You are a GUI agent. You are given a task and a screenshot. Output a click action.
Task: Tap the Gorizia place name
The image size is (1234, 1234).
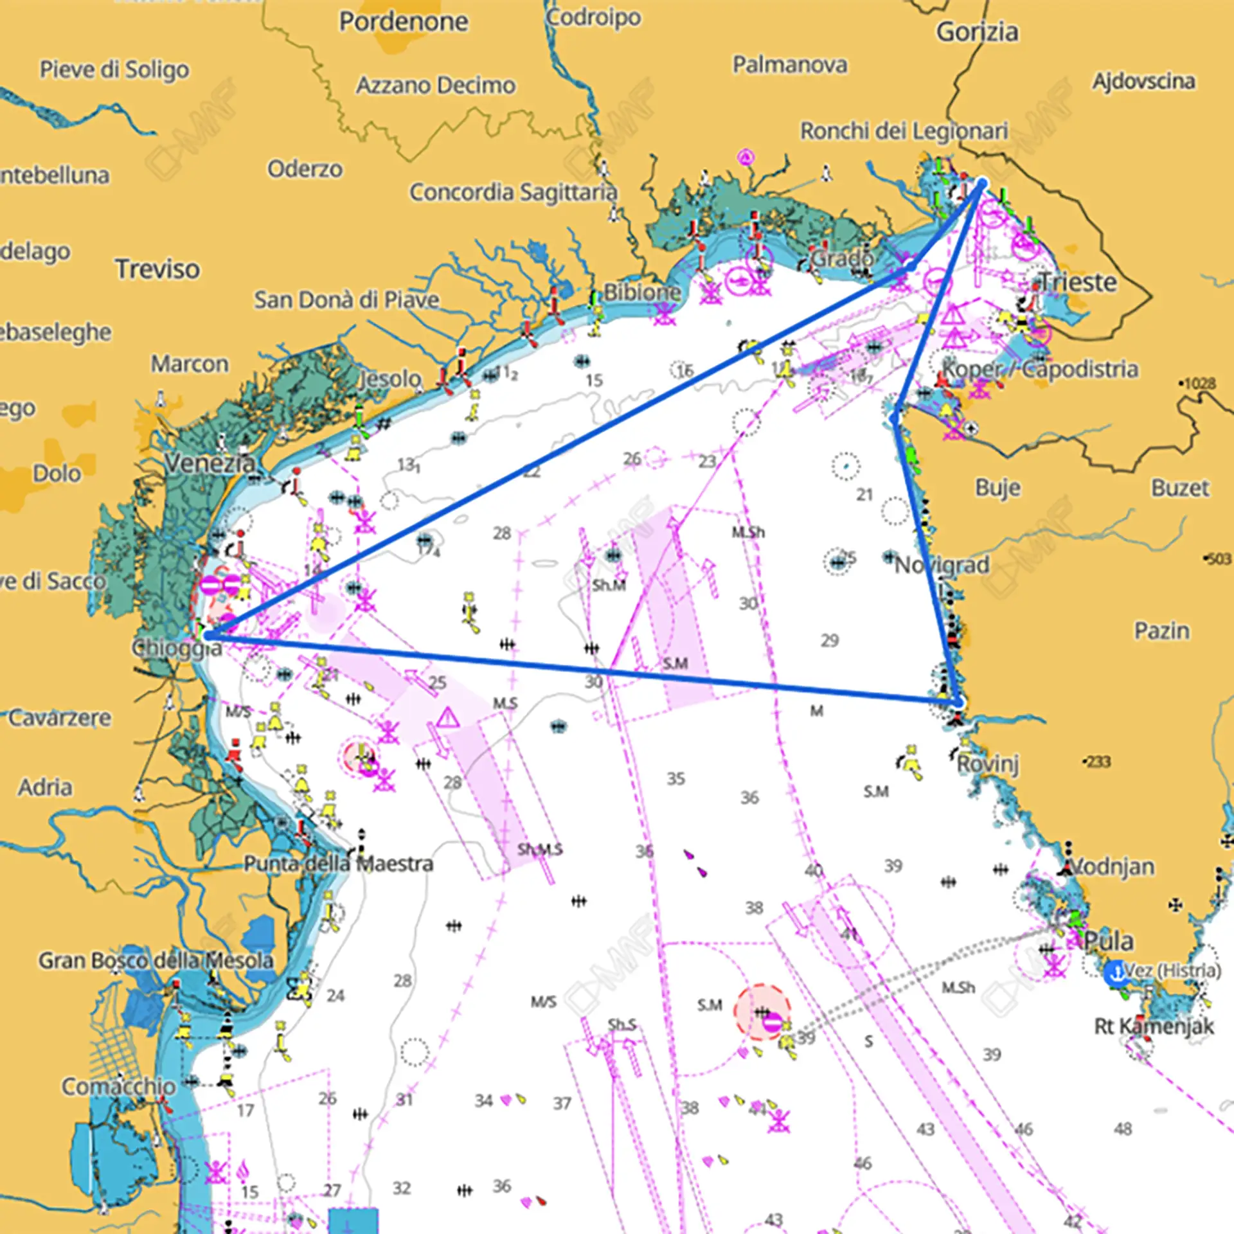tap(977, 32)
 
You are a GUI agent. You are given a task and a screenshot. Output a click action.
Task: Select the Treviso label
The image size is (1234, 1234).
tap(157, 269)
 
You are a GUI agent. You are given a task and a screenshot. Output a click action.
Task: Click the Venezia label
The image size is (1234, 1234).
tap(210, 463)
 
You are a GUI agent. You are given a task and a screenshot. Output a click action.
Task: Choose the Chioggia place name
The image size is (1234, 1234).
tap(177, 648)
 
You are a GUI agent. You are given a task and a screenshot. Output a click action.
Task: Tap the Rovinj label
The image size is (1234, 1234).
tap(988, 764)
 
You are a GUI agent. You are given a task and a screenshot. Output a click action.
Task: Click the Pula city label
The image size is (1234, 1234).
tap(1109, 942)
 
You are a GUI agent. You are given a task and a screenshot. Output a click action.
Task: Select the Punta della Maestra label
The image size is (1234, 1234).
tap(338, 864)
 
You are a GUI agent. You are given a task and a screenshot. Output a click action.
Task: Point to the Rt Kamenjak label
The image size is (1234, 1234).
tap(1154, 1026)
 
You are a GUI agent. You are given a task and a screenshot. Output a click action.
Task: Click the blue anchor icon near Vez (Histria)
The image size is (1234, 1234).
tap(1116, 973)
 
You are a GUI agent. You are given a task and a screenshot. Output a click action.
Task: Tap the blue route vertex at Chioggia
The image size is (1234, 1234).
tap(207, 635)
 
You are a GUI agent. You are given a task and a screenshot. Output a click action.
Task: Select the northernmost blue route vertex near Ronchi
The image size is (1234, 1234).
tap(981, 184)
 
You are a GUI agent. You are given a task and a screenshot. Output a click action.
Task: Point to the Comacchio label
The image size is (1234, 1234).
tap(119, 1087)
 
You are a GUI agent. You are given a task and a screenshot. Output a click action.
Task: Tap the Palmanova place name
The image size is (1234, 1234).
tap(790, 65)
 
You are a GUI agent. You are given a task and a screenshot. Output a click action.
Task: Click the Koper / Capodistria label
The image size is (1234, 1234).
tap(1040, 370)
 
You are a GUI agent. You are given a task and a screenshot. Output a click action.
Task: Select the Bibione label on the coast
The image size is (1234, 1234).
tap(641, 292)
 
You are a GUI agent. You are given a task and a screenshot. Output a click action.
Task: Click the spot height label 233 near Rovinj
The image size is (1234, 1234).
tap(1098, 762)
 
